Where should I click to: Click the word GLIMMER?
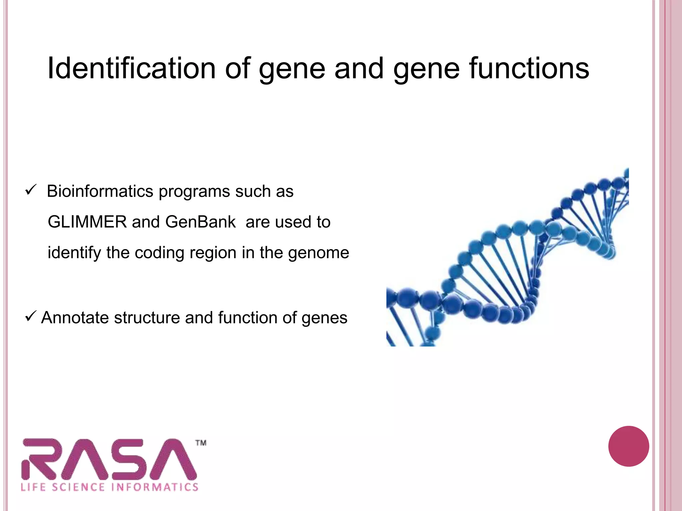pyautogui.click(x=87, y=222)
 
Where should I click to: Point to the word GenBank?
pyautogui.click(x=200, y=222)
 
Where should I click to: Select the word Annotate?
pyautogui.click(x=75, y=317)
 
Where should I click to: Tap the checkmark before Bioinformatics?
pyautogui.click(x=30, y=191)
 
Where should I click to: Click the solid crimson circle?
pyautogui.click(x=628, y=446)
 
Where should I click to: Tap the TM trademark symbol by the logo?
pyautogui.click(x=201, y=443)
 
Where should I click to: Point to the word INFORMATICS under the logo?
pyautogui.click(x=155, y=487)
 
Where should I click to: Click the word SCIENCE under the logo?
pyautogui.click(x=78, y=487)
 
